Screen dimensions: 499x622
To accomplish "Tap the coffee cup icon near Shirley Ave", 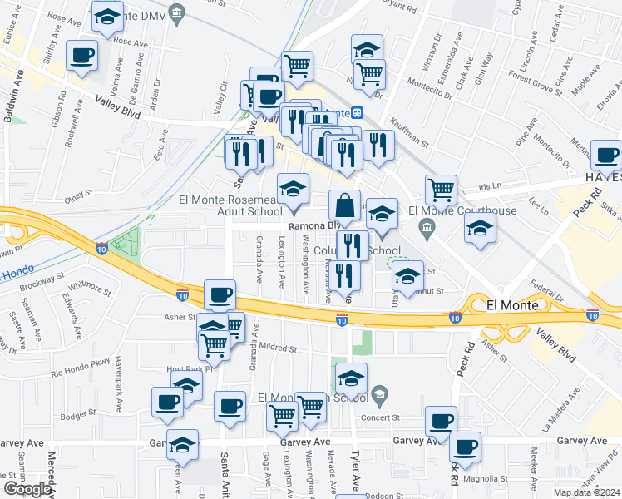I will [x=81, y=57].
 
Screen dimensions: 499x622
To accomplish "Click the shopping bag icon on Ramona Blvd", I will [x=344, y=205].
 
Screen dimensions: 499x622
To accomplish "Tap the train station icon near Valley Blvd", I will [x=357, y=112].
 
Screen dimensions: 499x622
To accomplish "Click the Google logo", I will [x=27, y=488].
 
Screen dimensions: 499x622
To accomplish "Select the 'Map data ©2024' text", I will [x=585, y=492].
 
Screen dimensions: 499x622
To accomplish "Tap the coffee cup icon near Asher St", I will [x=220, y=294].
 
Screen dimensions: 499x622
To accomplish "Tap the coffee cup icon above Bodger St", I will [x=166, y=403].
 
